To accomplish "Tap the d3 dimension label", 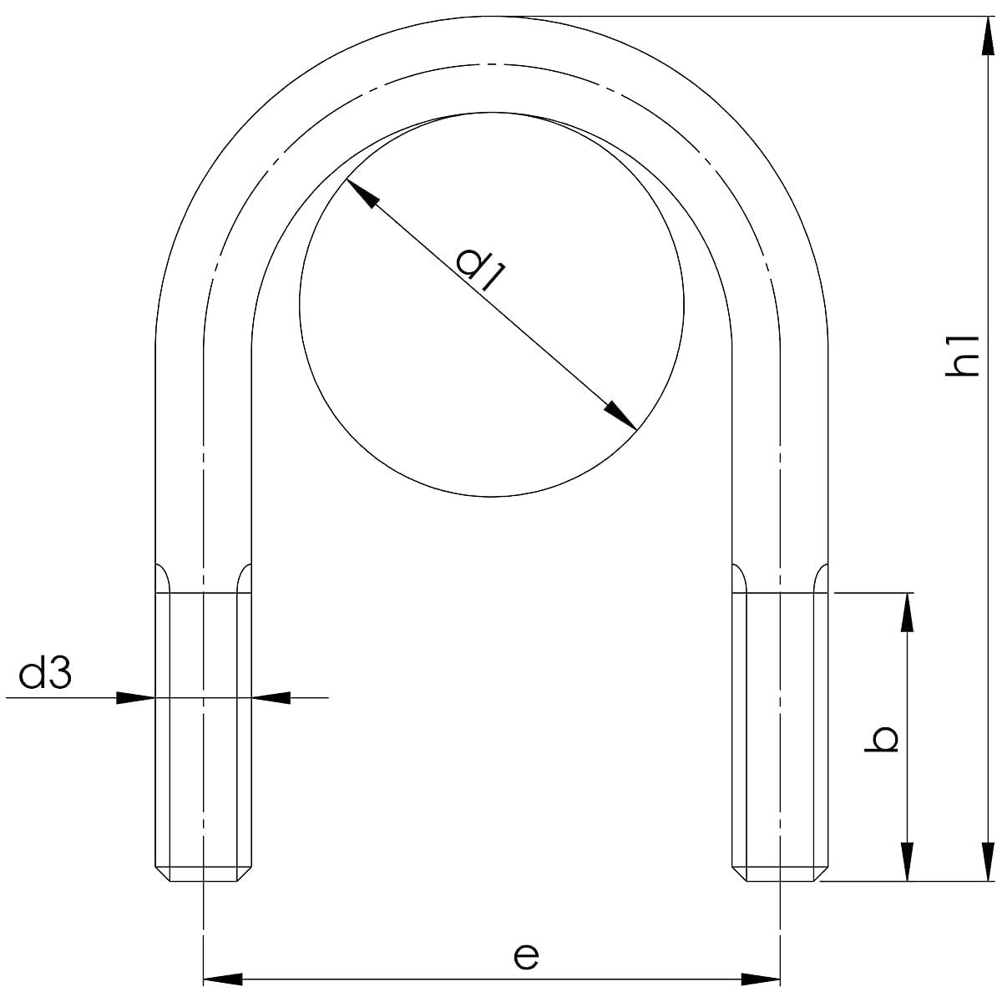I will [x=45, y=674].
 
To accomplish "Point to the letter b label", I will [x=882, y=739].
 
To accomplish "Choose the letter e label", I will [x=526, y=957].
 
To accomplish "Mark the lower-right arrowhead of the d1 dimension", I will [x=621, y=416].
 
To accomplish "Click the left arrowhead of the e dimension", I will [x=223, y=978].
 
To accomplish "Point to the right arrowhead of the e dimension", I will [x=761, y=978].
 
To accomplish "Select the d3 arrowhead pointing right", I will [x=135, y=697].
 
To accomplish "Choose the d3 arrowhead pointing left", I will [x=271, y=697].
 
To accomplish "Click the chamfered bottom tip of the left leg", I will [x=203, y=873].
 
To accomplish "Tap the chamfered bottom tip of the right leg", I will [x=781, y=873].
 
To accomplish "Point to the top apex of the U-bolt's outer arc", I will [x=493, y=17].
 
